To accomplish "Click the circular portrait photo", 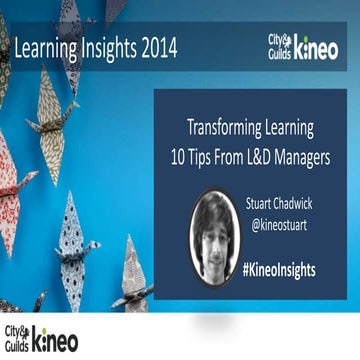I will [x=214, y=237].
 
